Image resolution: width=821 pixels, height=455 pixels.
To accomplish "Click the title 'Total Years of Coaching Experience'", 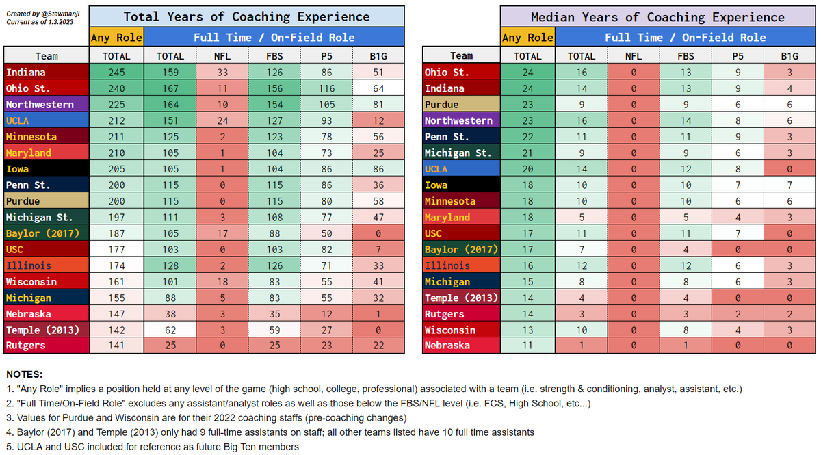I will pos(246,16).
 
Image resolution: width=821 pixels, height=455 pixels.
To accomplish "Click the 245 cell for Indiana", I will pos(117,72).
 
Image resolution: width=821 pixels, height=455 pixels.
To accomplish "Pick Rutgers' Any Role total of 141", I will pos(117,346).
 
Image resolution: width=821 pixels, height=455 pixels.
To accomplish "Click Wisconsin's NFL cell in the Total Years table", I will pos(222,281).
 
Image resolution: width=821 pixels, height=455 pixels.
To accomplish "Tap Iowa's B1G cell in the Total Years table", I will pos(378,168).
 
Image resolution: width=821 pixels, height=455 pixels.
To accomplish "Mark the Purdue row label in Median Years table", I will pos(442,104).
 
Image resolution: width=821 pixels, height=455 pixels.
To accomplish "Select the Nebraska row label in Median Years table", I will pos(447,346).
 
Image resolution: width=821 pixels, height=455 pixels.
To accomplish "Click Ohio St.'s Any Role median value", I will pos(527,72).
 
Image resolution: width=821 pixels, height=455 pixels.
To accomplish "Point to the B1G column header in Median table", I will pos(789,55).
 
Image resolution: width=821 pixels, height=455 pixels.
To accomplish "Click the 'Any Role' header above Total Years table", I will pos(117,37).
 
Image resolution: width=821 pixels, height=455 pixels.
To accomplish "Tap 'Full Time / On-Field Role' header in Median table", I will pos(685,37).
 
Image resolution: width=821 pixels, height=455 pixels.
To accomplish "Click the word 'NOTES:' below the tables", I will pos(24,374).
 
